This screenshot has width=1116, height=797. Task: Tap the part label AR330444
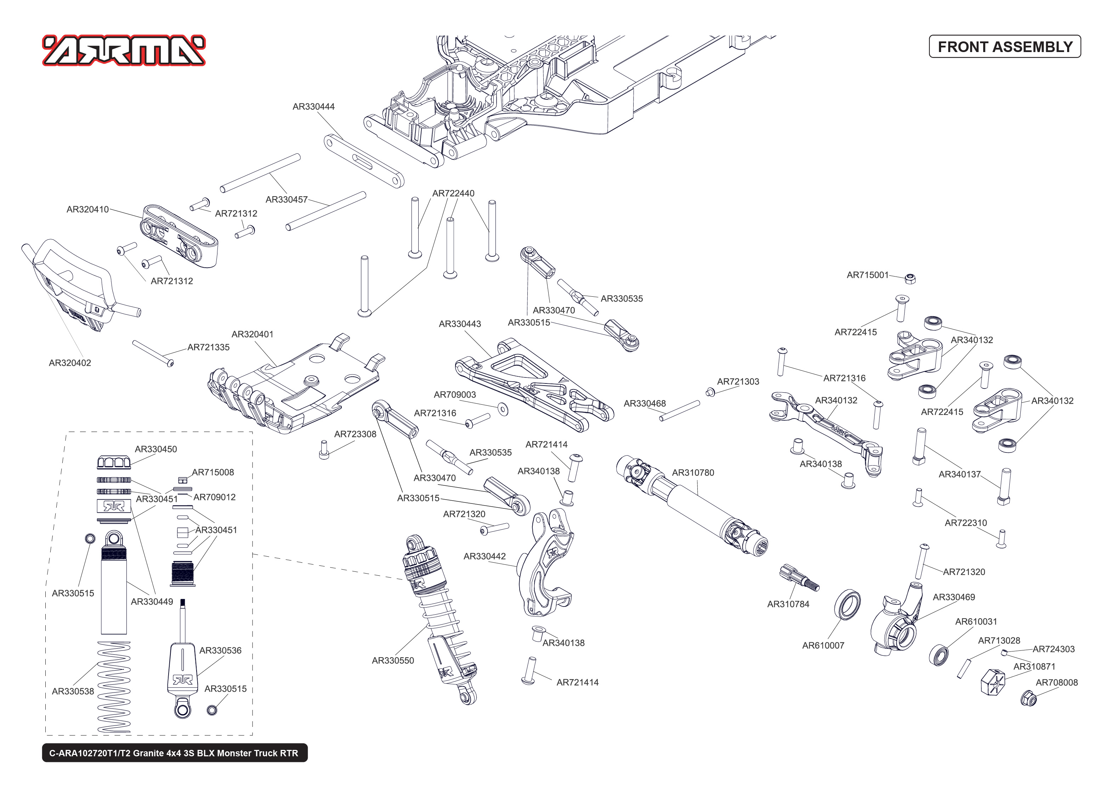pos(313,107)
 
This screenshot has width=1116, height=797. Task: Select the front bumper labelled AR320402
pos(74,285)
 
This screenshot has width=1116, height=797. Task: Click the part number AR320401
pos(252,334)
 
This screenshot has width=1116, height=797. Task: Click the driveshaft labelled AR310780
pos(692,506)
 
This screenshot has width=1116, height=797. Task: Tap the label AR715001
pos(867,275)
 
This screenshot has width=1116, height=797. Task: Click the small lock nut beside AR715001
pos(910,279)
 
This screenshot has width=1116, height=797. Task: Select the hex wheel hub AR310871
pos(992,682)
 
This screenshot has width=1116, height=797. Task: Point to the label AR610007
pos(823,645)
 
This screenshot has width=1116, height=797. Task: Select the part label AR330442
pos(485,556)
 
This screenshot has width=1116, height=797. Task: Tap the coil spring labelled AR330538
pos(114,687)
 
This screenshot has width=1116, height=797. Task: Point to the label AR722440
pos(453,193)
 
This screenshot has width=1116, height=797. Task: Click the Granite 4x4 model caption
pos(174,753)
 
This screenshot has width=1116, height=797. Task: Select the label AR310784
pos(788,604)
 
